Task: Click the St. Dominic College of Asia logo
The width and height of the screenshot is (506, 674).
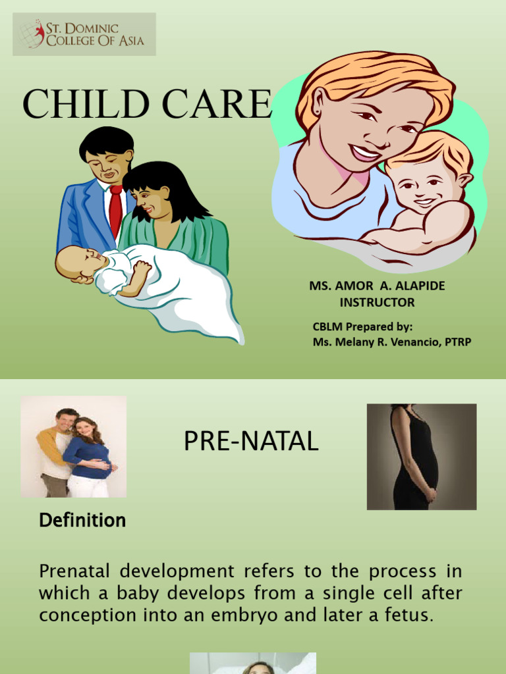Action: pos(84,34)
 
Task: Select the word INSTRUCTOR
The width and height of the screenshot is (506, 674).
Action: pos(377,303)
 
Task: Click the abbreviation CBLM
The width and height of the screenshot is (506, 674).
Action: pos(328,327)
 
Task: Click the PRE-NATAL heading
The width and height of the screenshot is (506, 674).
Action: pos(251,442)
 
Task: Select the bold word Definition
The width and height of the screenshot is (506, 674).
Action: pos(82,521)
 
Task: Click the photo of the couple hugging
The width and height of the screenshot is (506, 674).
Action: pos(73,447)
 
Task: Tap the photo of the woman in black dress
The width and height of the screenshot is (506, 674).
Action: pos(422,457)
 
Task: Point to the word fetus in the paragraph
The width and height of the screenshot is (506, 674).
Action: pos(410,615)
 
